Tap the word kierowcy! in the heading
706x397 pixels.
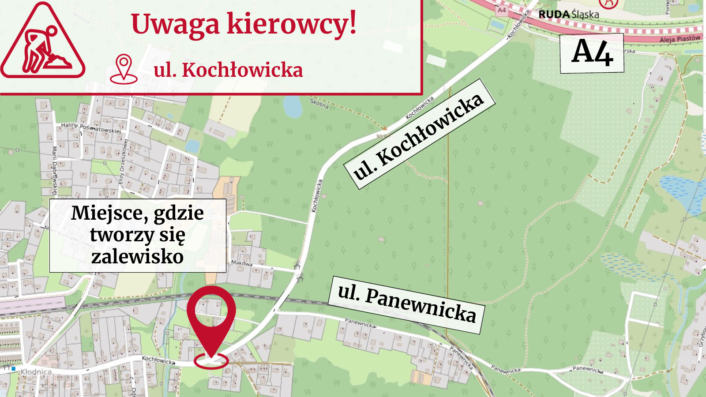[291, 24]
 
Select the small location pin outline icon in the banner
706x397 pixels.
[124, 69]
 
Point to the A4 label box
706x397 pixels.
[592, 53]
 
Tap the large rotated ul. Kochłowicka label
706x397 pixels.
[419, 134]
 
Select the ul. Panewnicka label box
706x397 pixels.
[406, 305]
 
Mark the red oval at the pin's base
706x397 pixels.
[211, 361]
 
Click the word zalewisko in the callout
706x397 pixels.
[137, 257]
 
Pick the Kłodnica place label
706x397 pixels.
[36, 372]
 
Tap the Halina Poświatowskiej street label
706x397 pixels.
[90, 127]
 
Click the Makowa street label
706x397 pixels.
[241, 263]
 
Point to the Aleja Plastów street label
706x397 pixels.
[680, 39]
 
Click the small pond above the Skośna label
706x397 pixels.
[292, 106]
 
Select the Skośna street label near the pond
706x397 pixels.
[319, 104]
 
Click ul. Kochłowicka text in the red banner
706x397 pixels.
[228, 70]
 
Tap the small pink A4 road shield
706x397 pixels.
[502, 10]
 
